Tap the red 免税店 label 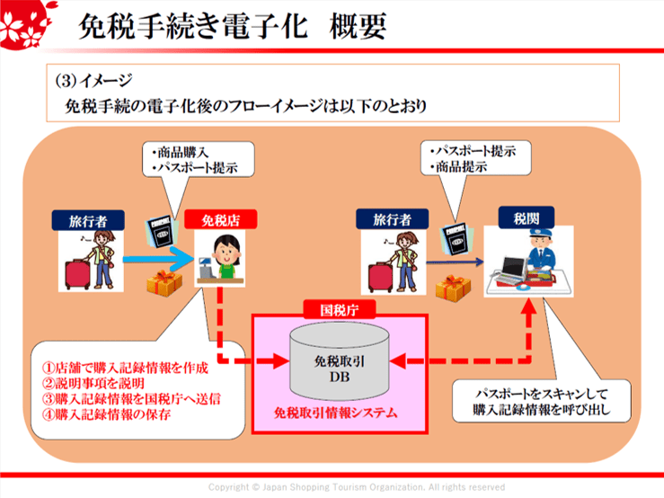coord(218,218)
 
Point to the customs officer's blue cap coord(540,234)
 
